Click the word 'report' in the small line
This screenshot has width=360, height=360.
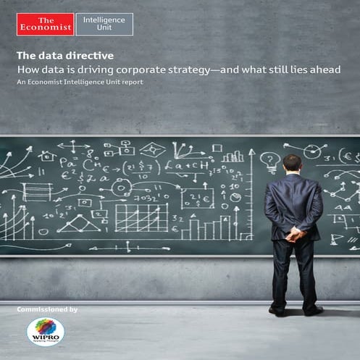click(131, 82)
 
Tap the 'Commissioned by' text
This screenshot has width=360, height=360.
click(47, 310)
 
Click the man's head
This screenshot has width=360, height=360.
click(292, 163)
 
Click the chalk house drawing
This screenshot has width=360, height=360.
click(47, 156)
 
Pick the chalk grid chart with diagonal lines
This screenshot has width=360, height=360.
click(141, 217)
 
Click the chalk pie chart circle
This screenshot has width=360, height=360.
click(121, 187)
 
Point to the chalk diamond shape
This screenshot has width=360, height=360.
click(153, 151)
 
